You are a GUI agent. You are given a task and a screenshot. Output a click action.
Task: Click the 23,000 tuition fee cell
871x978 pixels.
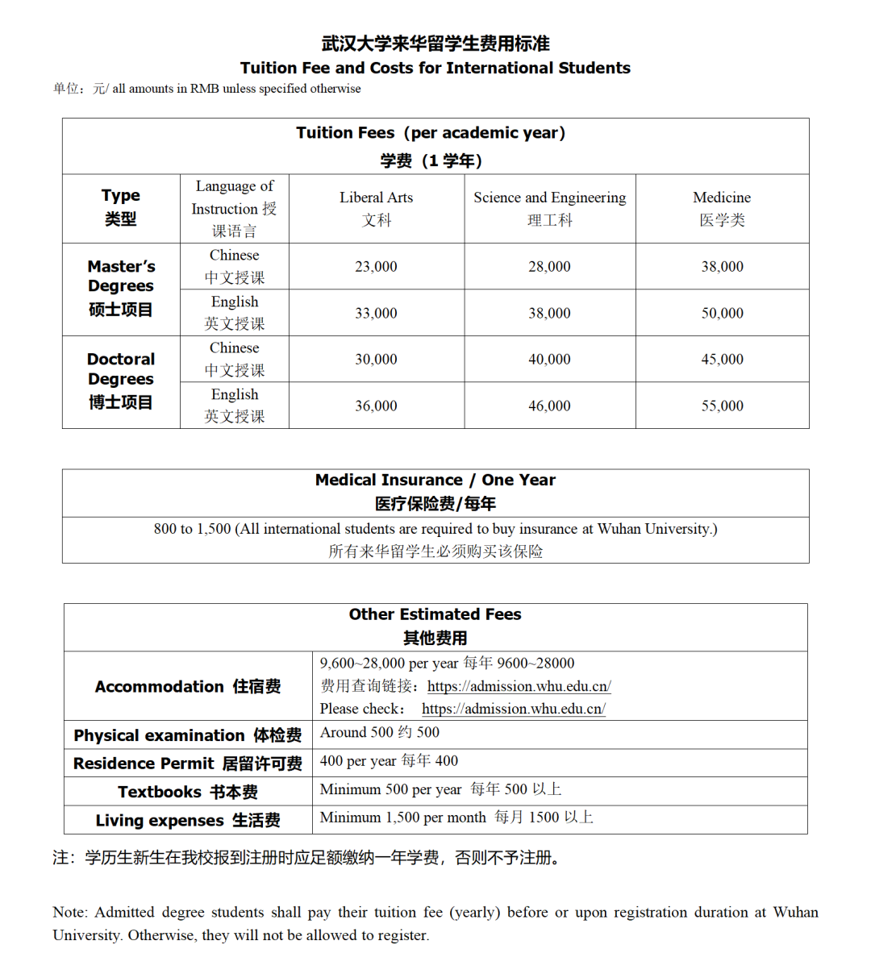tap(376, 267)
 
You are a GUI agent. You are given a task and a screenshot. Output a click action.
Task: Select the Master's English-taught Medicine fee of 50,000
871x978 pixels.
tap(722, 313)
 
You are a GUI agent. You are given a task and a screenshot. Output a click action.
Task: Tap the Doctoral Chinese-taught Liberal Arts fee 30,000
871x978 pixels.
tap(376, 360)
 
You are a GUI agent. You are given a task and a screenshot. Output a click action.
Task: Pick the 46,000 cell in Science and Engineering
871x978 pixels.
tap(549, 406)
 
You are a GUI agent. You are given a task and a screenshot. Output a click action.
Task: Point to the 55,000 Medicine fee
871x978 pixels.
tap(722, 406)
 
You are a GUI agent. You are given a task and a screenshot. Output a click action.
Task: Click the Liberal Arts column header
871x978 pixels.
tap(376, 208)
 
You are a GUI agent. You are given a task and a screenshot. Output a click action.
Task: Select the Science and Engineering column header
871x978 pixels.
tap(549, 208)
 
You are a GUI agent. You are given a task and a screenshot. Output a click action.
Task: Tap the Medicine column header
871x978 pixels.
tap(722, 208)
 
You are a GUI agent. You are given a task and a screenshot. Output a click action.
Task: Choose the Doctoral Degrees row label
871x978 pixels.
tap(121, 381)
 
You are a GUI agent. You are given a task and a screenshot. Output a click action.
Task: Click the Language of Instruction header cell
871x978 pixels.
tap(234, 208)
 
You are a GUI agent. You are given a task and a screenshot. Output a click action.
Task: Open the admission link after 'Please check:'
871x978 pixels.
tap(513, 709)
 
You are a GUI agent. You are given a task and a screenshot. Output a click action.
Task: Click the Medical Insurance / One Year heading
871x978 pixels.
tap(435, 481)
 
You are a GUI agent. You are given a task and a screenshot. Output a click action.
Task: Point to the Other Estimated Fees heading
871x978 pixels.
tap(435, 614)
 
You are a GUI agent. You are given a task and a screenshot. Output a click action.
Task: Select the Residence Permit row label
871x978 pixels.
tap(187, 764)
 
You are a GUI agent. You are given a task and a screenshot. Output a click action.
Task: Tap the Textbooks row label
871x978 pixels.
tap(187, 792)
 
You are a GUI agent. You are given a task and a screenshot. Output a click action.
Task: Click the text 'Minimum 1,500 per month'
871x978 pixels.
tap(402, 818)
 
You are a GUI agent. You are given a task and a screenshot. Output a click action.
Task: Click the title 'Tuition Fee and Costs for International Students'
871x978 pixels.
tap(435, 68)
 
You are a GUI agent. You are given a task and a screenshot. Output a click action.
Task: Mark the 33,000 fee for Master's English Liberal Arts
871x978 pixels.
tap(376, 313)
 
